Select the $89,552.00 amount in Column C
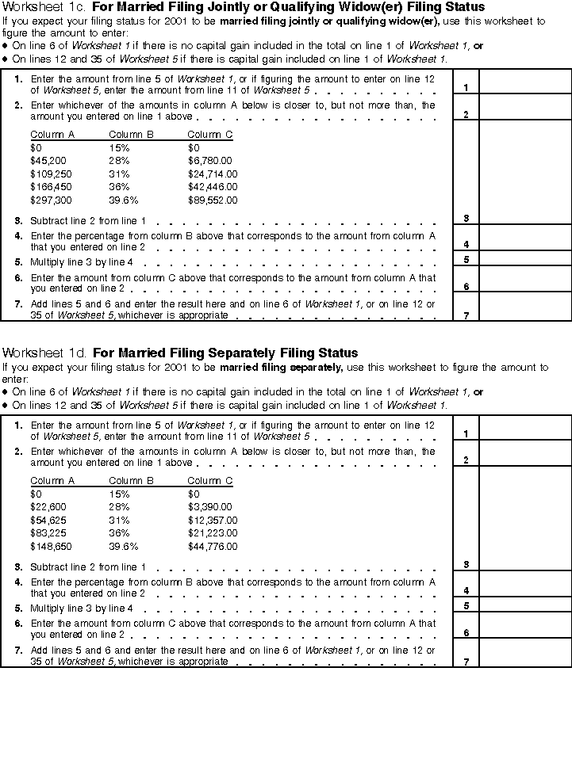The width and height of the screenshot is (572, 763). tap(212, 200)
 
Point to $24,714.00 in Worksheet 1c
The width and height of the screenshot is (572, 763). tap(212, 174)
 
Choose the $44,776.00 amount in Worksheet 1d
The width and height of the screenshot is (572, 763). tap(212, 546)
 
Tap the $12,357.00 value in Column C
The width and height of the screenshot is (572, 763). tap(212, 521)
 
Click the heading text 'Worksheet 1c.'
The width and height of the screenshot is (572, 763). tap(45, 7)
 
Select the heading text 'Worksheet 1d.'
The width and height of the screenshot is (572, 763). tap(45, 353)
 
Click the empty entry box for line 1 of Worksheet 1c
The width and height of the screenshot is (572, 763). tap(524, 82)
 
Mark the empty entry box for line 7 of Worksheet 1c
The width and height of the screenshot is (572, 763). tap(524, 307)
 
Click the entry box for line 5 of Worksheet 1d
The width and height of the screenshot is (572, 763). tap(524, 605)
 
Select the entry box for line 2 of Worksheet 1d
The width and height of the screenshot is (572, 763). tap(524, 454)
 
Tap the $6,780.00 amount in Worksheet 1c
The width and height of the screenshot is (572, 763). tap(209, 161)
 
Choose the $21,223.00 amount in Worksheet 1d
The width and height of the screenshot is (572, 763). tap(212, 533)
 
